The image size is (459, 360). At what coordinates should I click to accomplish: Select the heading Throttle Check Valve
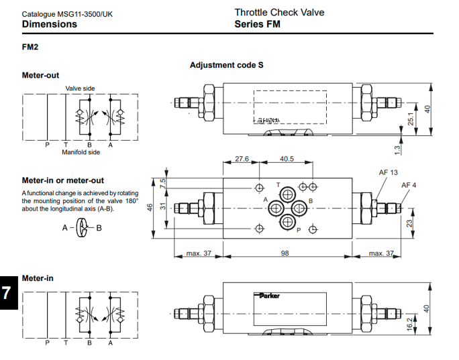tap(279, 12)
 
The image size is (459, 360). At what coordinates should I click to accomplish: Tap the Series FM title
tap(257, 24)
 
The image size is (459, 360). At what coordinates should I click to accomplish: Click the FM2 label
tap(31, 48)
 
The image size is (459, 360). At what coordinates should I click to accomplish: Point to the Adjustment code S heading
tap(226, 65)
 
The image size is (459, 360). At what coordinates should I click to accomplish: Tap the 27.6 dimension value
tap(242, 159)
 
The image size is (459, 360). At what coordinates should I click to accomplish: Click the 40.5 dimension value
tap(287, 159)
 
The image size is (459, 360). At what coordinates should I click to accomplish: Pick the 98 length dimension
tap(285, 253)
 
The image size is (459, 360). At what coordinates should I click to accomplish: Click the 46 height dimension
tap(151, 207)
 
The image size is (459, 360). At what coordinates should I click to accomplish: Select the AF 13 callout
tap(388, 172)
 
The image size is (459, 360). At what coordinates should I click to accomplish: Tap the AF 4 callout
tap(409, 185)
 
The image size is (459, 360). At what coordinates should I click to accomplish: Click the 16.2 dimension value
tap(411, 324)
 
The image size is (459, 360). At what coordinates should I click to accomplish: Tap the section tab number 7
tap(7, 293)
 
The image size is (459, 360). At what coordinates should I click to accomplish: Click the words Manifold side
tap(81, 152)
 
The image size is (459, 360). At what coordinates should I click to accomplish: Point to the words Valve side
tap(80, 88)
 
